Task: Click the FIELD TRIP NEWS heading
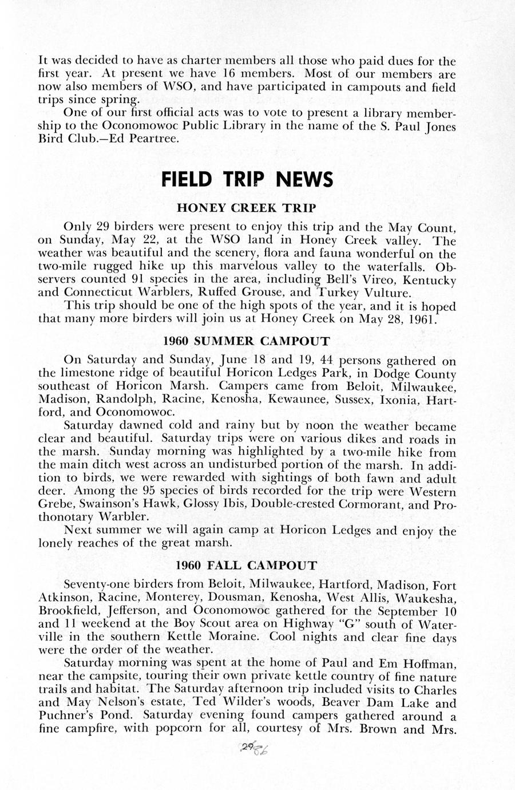pos(247,180)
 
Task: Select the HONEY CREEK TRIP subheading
pos(247,206)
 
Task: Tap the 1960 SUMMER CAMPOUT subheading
pos(247,341)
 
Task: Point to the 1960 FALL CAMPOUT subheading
pos(247,566)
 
